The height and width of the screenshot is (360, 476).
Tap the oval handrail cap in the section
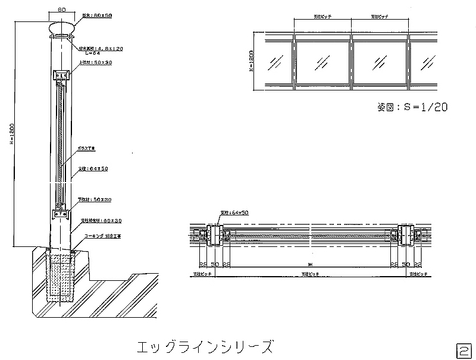coord(62,28)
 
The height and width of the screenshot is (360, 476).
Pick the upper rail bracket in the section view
coord(62,76)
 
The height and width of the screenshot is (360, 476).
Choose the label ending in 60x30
coord(101,220)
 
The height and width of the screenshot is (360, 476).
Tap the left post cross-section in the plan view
coord(214,236)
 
